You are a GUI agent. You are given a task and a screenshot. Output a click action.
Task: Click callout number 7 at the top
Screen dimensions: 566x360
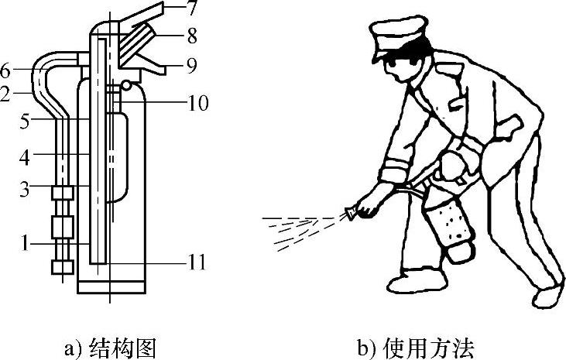[x=190, y=8]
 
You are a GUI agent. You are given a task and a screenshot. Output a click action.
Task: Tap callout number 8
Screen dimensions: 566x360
[x=192, y=36]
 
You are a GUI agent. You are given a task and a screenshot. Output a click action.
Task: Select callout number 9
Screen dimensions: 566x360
[x=192, y=65]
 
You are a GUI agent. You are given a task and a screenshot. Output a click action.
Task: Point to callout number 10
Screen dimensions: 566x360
[x=197, y=103]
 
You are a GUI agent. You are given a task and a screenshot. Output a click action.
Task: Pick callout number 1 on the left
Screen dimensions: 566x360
[x=25, y=243]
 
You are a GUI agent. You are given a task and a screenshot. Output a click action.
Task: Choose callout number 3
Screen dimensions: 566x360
[x=24, y=189]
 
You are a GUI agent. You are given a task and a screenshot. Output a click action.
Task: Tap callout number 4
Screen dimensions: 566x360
[x=24, y=158]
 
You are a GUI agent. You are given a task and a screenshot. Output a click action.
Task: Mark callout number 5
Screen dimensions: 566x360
[x=24, y=122]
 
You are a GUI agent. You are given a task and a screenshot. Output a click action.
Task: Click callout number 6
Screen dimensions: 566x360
[x=5, y=70]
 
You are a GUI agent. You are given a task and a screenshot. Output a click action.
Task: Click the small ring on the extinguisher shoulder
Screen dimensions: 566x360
[x=126, y=86]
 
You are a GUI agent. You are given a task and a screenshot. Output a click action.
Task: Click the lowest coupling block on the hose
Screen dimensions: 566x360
[x=63, y=267]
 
